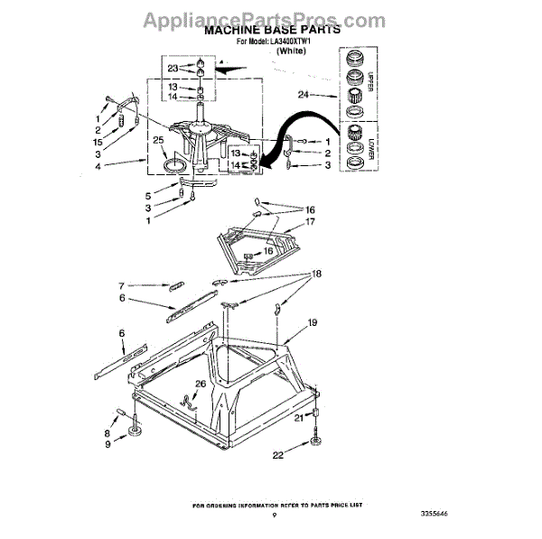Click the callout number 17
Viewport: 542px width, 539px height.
point(310,221)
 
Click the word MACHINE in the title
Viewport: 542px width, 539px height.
point(238,30)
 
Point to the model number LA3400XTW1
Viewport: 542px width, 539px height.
point(285,42)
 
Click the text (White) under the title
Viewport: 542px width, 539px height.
point(292,52)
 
